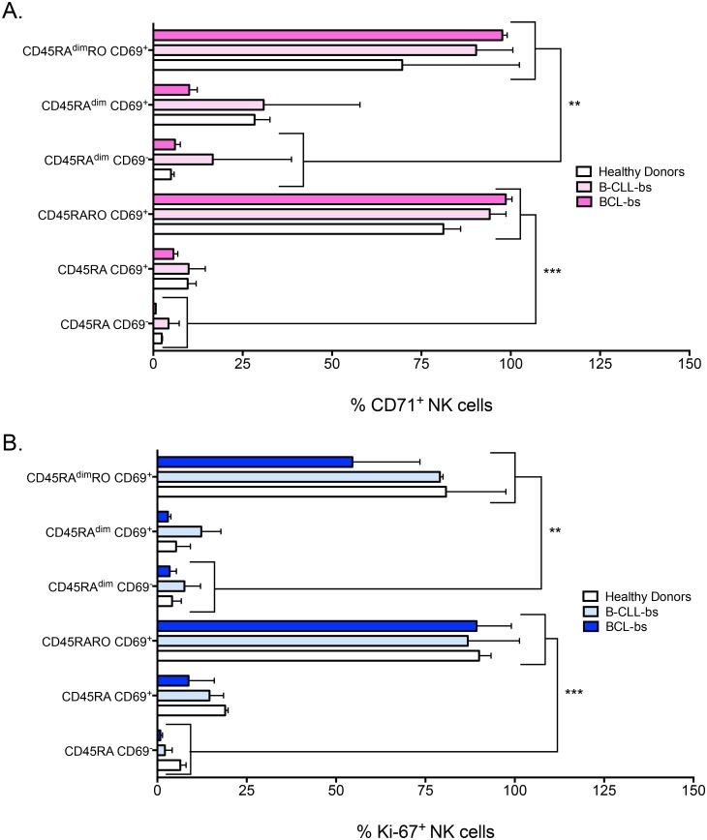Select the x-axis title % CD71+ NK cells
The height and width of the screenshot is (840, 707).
pyautogui.click(x=421, y=405)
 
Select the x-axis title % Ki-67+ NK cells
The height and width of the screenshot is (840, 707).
pyautogui.click(x=422, y=829)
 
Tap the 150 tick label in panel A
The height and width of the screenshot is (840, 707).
pyautogui.click(x=690, y=365)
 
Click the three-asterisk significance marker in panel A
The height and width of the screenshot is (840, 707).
pyautogui.click(x=553, y=272)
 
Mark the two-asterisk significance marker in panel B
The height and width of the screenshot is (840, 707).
pyautogui.click(x=555, y=531)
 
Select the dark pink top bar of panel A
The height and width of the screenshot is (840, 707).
pyautogui.click(x=328, y=35)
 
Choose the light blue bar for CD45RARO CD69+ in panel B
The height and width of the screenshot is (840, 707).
pyautogui.click(x=313, y=641)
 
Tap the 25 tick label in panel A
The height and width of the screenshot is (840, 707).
pyautogui.click(x=243, y=365)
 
